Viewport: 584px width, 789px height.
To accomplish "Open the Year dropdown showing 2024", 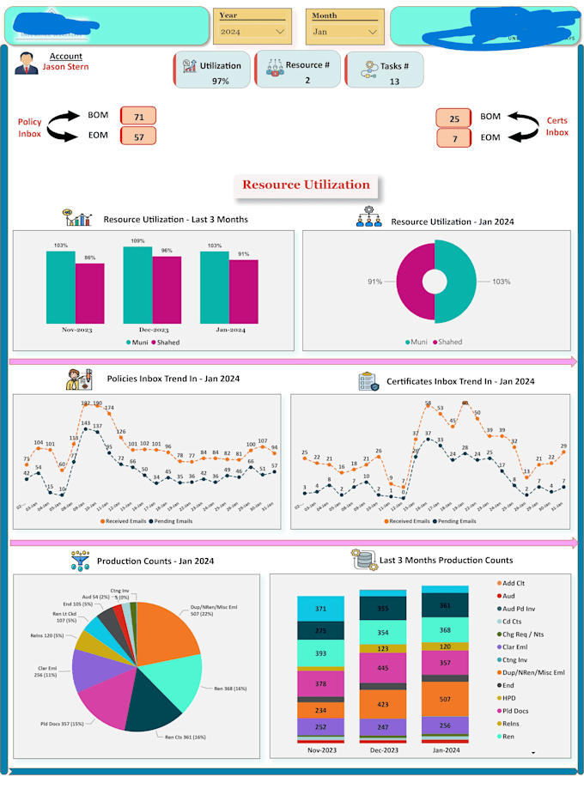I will pyautogui.click(x=252, y=32).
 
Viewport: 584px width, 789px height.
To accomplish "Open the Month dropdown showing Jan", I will pyautogui.click(x=344, y=32).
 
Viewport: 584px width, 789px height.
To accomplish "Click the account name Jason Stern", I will pyautogui.click(x=65, y=67).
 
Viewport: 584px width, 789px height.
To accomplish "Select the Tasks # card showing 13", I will pyautogui.click(x=385, y=70).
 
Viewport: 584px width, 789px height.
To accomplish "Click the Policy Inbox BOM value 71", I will pyautogui.click(x=138, y=116).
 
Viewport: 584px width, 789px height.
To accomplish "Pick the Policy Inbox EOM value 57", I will pyautogui.click(x=138, y=137).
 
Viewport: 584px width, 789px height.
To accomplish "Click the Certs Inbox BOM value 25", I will pyautogui.click(x=454, y=118).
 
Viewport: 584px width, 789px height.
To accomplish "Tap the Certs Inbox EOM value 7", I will pyautogui.click(x=454, y=138).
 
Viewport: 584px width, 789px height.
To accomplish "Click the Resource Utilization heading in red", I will pyautogui.click(x=306, y=185).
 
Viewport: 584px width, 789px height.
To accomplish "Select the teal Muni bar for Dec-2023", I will pyautogui.click(x=137, y=283).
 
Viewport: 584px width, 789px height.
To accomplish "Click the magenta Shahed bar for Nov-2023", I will pyautogui.click(x=89, y=291).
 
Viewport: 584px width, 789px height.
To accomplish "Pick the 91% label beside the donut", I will pyautogui.click(x=374, y=282).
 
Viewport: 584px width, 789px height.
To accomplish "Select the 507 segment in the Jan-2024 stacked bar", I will pyautogui.click(x=444, y=699).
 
